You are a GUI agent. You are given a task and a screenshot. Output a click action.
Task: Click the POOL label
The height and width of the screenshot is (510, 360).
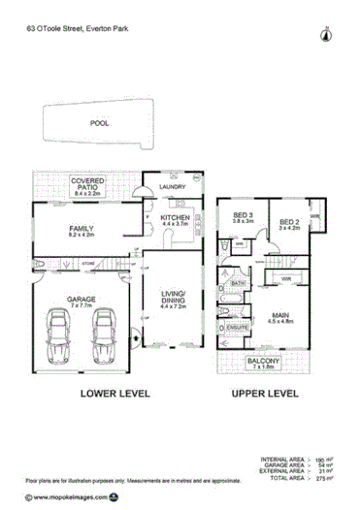[x=99, y=124]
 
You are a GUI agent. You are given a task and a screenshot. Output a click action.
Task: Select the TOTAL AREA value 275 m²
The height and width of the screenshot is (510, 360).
[x=329, y=478]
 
